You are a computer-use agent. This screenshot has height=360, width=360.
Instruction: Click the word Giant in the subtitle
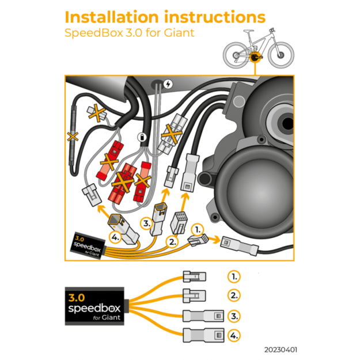(179, 33)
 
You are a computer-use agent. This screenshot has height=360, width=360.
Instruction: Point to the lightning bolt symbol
(168, 84)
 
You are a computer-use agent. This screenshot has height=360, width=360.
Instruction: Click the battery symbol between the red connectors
(142, 138)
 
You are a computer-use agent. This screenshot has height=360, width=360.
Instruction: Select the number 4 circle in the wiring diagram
(116, 237)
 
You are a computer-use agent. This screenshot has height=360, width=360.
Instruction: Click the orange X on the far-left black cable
(73, 137)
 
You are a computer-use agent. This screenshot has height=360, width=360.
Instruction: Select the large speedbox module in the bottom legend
(93, 305)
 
